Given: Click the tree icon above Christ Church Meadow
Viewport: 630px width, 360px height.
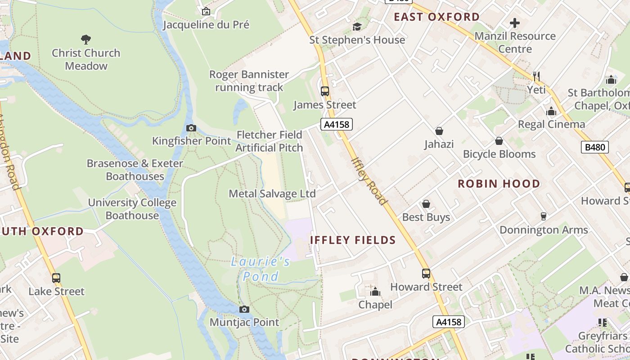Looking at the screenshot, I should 85,40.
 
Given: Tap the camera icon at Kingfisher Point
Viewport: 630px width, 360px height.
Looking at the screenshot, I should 191,128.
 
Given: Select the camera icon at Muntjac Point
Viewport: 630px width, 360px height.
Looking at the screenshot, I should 244,309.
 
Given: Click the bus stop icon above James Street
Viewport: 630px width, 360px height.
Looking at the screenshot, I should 325,91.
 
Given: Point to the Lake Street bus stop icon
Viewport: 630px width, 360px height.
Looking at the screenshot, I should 56,278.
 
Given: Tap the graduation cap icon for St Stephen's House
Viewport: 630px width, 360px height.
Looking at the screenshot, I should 357,27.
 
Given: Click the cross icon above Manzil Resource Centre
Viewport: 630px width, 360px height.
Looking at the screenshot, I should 515,22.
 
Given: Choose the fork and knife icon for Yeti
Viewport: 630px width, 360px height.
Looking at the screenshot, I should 536,76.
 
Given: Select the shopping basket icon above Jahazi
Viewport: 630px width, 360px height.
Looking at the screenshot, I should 439,131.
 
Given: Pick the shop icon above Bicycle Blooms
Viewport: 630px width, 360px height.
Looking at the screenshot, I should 499,141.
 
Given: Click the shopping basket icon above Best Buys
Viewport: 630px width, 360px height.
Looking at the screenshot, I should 426,204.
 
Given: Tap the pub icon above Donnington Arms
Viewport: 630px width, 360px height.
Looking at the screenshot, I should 543,216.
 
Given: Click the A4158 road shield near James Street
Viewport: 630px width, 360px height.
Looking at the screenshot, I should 336,125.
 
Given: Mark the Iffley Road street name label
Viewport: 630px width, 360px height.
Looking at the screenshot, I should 369,181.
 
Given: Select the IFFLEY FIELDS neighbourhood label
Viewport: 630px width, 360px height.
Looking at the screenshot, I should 353,240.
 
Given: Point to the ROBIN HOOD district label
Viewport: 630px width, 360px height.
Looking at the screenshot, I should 499,184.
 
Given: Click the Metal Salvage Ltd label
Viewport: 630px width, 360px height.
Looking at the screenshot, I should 272,194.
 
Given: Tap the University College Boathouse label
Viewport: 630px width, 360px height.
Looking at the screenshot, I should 132,209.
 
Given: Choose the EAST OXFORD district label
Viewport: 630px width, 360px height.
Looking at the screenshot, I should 436,17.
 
